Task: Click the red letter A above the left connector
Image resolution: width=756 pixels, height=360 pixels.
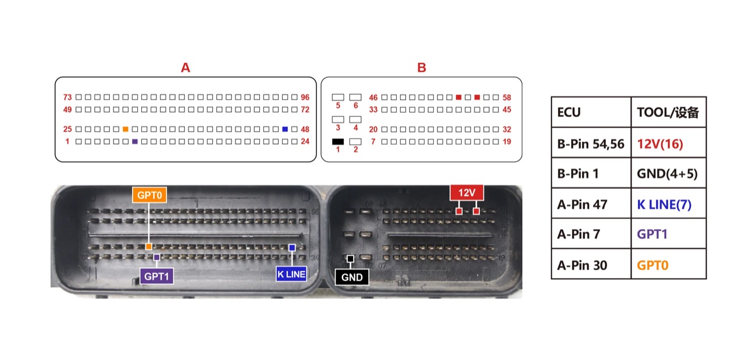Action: (186, 67)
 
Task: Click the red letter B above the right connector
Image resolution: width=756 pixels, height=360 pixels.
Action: (422, 67)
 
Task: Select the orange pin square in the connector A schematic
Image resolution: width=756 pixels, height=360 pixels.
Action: (126, 129)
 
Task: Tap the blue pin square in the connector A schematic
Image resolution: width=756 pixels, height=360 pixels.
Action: (285, 129)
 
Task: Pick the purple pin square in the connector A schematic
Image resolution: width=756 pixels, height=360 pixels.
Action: (135, 142)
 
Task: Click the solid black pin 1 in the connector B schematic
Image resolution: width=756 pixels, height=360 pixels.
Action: (338, 142)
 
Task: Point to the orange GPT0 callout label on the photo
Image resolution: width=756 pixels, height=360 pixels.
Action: (149, 195)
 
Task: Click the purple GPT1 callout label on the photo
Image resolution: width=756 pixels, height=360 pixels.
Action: (156, 276)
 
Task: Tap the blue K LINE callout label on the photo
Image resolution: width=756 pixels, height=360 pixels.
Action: (291, 274)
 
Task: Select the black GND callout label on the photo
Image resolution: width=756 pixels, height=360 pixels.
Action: (352, 277)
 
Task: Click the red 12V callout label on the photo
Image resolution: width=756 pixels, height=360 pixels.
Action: (467, 193)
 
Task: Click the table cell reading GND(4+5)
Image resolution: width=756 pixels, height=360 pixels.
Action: (668, 173)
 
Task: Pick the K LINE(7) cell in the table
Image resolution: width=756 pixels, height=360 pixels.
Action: (668, 204)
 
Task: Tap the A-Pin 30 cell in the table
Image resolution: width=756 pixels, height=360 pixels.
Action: (591, 264)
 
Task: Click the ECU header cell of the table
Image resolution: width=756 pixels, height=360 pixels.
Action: (591, 112)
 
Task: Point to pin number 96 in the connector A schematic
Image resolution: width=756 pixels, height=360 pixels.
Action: (305, 97)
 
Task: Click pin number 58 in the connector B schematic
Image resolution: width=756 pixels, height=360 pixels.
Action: (507, 98)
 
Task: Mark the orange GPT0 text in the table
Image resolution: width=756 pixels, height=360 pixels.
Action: (652, 265)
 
